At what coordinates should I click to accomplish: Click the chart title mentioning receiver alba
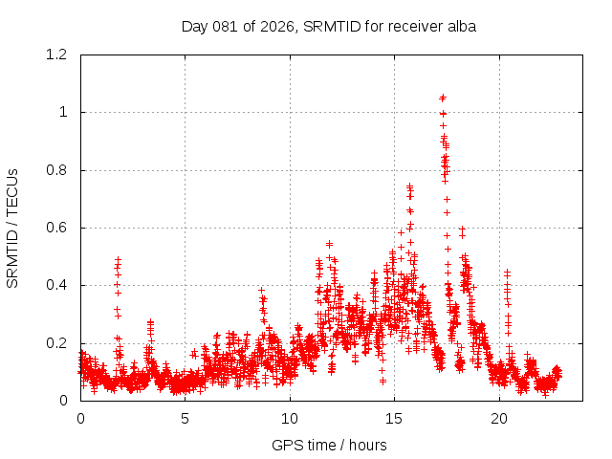[x=329, y=26]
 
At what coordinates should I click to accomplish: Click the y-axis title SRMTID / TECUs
[x=12, y=228]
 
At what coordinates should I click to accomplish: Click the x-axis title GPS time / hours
[x=329, y=445]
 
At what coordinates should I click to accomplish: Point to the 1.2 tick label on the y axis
[x=57, y=55]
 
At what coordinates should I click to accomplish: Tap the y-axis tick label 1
[x=63, y=112]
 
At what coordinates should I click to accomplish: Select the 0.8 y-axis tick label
[x=57, y=170]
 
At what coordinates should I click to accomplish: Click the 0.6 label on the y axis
[x=57, y=228]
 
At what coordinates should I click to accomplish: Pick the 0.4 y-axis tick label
[x=57, y=286]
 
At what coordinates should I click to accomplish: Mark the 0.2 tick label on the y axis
[x=57, y=343]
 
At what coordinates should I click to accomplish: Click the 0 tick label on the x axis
[x=80, y=419]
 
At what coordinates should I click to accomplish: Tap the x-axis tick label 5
[x=186, y=419]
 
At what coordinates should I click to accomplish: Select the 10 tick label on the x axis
[x=290, y=419]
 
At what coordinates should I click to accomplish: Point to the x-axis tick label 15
[x=394, y=419]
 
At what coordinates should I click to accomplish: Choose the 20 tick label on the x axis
[x=499, y=419]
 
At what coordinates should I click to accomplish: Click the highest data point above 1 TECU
[x=442, y=98]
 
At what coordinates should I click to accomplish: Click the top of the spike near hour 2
[x=118, y=259]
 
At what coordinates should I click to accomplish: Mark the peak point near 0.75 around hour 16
[x=409, y=186]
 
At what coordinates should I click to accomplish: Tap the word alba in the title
[x=461, y=26]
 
